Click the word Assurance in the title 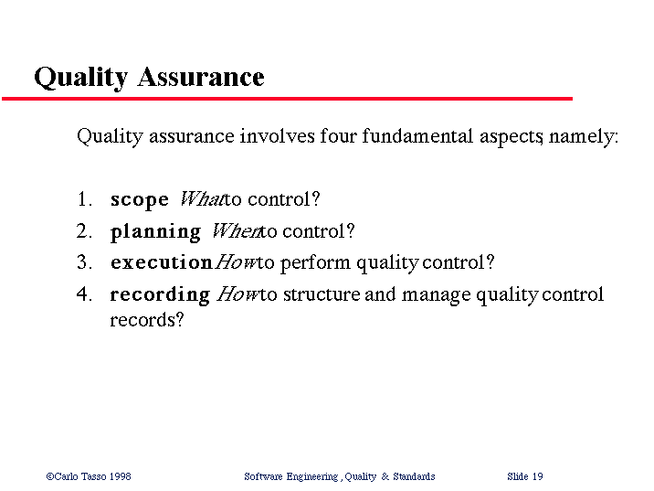click(201, 77)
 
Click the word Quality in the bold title click(81, 78)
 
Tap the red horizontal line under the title click(288, 99)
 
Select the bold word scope click(140, 200)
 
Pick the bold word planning click(155, 232)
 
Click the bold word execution click(162, 262)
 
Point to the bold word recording click(160, 295)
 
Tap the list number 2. click(84, 231)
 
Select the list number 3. click(84, 262)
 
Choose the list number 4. click(84, 294)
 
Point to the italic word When click(237, 231)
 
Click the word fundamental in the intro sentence click(417, 136)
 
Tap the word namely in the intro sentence click(584, 137)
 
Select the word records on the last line click(146, 320)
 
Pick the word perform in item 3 click(315, 264)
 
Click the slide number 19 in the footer click(538, 476)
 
